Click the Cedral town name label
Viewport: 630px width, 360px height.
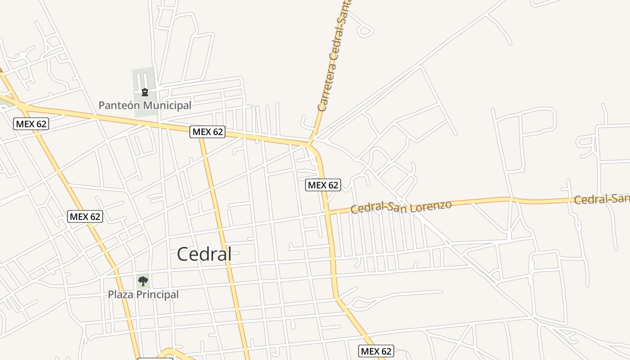[204, 254]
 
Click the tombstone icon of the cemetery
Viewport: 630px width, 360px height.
[144, 92]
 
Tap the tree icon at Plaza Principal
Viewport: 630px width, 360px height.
[143, 281]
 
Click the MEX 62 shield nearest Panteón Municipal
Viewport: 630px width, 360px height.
[208, 132]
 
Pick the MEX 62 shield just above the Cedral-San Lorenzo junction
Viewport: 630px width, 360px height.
[323, 185]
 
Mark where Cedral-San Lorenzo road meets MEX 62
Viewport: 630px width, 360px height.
[328, 211]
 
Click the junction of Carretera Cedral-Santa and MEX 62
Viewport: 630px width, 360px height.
[310, 144]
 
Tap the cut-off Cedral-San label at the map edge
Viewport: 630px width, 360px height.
[602, 198]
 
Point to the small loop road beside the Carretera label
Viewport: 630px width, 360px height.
[364, 31]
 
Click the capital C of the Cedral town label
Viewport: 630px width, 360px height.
[183, 254]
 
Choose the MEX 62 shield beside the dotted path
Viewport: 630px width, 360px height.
[376, 351]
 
